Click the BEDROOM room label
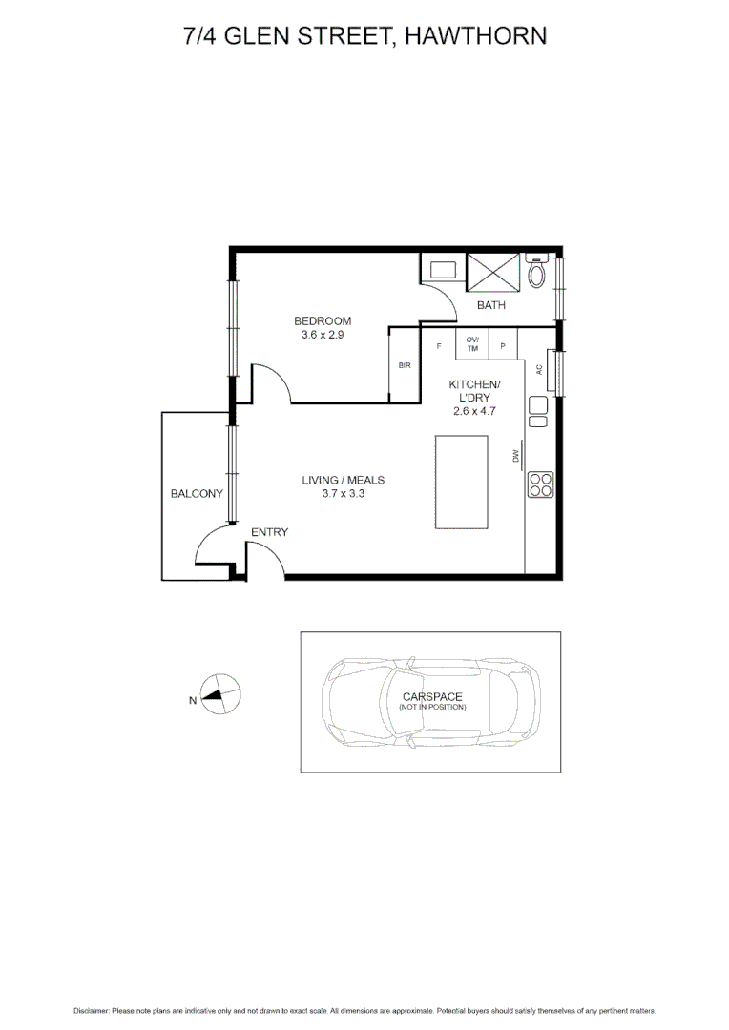[x=322, y=320]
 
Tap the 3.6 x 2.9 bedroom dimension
[x=322, y=335]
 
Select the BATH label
[x=491, y=305]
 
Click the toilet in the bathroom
[x=537, y=274]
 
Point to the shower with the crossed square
[x=492, y=271]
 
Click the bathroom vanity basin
[x=443, y=270]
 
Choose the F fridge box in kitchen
[x=439, y=345]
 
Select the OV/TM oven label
[x=472, y=344]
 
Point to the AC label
[x=539, y=369]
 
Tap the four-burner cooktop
[x=540, y=484]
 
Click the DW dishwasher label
[x=515, y=456]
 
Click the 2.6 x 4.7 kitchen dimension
[x=474, y=411]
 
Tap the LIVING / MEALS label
[x=343, y=480]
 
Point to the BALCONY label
[x=197, y=494]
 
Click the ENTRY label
[x=269, y=532]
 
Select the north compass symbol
[x=221, y=695]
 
